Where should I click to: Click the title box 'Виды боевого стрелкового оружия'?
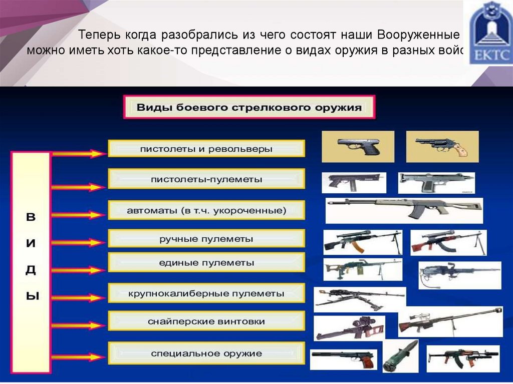pos(249,108)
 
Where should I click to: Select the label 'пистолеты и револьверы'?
pos(206,149)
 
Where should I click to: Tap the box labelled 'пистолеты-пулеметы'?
pos(206,179)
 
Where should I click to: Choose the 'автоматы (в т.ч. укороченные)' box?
pos(206,210)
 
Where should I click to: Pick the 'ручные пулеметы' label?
pos(206,239)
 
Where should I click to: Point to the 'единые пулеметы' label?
pos(206,262)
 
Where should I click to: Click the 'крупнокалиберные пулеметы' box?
pos(206,293)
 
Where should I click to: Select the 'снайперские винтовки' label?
pos(206,321)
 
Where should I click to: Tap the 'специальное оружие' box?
pos(206,353)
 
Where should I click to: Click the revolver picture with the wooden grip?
pos(442,146)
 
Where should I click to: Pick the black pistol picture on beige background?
pos(358,146)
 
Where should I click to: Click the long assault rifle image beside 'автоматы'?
pos(404,210)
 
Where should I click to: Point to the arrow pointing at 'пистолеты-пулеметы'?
pos(78,187)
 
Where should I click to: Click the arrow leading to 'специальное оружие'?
pos(78,357)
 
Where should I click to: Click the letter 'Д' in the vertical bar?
pos(31,270)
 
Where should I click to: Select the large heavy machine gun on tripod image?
pos(359,299)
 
